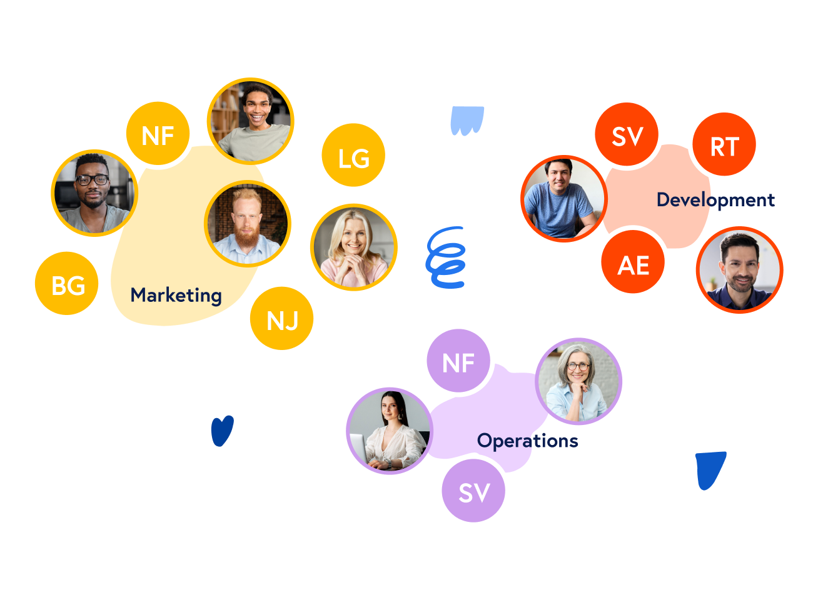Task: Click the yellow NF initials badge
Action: [158, 134]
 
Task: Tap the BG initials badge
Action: [67, 284]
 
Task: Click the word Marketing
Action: [176, 295]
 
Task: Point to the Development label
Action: [715, 200]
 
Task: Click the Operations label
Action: [527, 441]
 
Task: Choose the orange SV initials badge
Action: [627, 134]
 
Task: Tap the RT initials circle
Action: [724, 145]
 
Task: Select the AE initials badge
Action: [633, 264]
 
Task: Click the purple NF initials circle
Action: [458, 361]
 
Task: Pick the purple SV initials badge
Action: [473, 491]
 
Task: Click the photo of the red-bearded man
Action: [248, 224]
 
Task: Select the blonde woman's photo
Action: [354, 247]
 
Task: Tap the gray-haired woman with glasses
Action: [578, 381]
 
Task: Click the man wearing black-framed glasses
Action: [94, 193]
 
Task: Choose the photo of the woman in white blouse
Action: [389, 431]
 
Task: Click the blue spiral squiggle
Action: [446, 257]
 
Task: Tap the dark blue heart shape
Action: [222, 431]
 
